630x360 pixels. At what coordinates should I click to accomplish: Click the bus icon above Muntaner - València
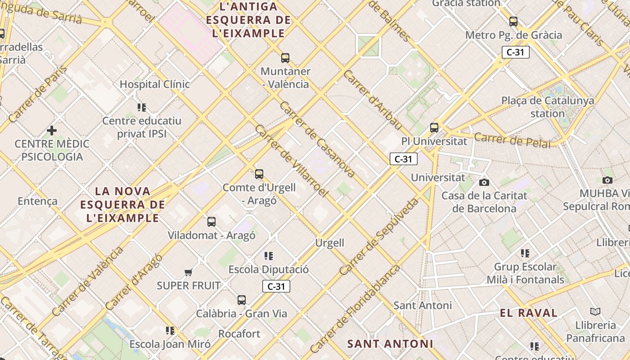[x=285, y=58]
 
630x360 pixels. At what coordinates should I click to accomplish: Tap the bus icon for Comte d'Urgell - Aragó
[x=259, y=174]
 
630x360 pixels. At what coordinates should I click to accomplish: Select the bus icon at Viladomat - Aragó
[x=211, y=221]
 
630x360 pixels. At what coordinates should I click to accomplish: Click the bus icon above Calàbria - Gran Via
[x=242, y=300]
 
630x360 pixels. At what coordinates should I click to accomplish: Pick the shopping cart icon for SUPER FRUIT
[x=189, y=272]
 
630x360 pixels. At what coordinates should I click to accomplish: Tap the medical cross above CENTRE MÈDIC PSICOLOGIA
[x=52, y=130]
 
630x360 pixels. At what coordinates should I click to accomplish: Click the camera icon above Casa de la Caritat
[x=484, y=182]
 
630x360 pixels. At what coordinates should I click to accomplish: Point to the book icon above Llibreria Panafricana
[x=595, y=311]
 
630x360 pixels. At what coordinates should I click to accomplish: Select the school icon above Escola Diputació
[x=269, y=256]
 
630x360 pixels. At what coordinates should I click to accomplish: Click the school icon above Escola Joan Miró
[x=170, y=331]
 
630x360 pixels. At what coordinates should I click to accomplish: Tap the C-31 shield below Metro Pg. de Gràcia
[x=515, y=52]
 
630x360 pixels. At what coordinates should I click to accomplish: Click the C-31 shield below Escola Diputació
[x=276, y=286]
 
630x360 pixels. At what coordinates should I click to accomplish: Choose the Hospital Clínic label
[x=154, y=84]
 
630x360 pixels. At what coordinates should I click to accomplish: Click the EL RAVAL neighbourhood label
[x=528, y=313]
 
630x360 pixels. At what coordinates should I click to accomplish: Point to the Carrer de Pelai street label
[x=513, y=140]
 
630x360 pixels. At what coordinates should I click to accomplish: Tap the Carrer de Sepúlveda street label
[x=379, y=237]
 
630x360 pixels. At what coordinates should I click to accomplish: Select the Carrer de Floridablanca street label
[x=355, y=309]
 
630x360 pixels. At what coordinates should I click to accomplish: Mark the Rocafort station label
[x=239, y=334]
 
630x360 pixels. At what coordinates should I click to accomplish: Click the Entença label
[x=38, y=201]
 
